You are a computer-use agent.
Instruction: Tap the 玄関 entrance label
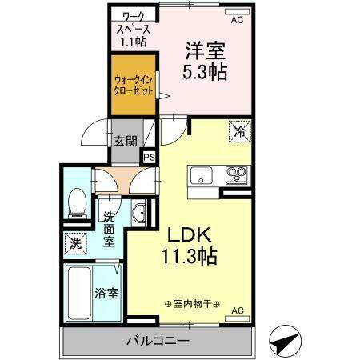coord(126,142)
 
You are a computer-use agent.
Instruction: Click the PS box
coord(149,158)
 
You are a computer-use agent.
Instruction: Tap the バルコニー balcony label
coord(157,342)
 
